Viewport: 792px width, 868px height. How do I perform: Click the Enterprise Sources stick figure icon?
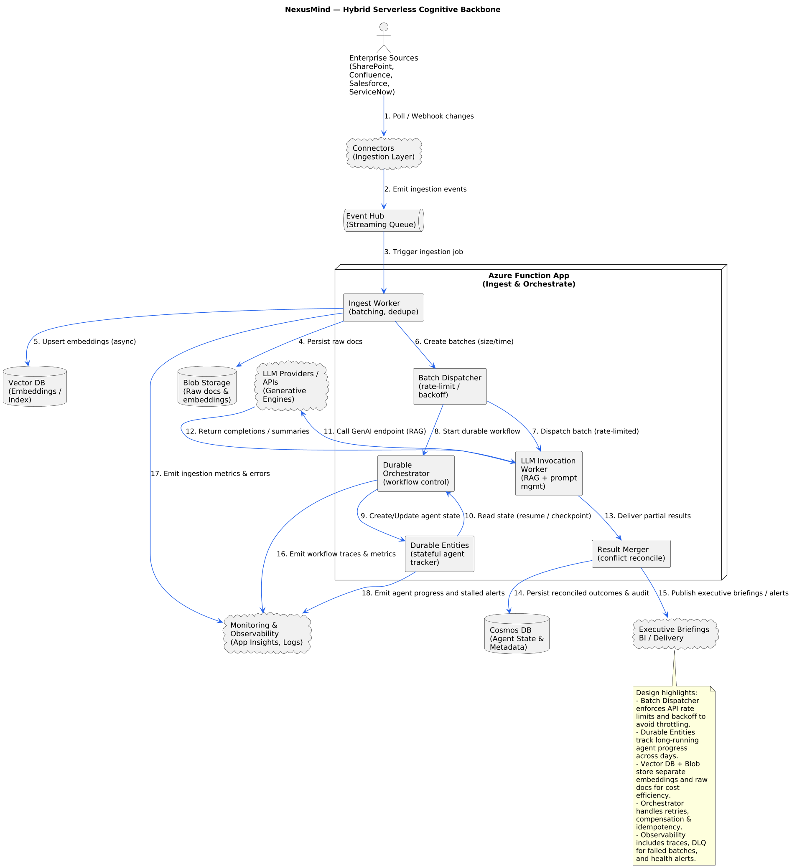(384, 38)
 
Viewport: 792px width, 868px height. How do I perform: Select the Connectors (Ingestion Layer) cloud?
(384, 153)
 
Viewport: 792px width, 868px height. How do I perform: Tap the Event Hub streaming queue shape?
(384, 220)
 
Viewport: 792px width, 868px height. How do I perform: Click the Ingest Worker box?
(384, 307)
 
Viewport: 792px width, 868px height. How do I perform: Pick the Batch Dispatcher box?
(449, 386)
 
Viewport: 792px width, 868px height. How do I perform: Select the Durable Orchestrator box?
(416, 473)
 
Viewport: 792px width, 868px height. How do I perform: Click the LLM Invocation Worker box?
(548, 473)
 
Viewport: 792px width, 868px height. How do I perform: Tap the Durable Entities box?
(440, 554)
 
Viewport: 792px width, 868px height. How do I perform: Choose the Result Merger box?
(631, 554)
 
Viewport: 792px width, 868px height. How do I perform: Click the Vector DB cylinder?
(35, 386)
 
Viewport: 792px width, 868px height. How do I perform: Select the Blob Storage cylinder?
(207, 386)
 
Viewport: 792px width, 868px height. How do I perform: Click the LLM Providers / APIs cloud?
(292, 386)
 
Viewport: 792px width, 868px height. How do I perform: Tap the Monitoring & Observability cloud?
(267, 633)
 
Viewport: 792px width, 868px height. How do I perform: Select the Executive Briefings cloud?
(675, 633)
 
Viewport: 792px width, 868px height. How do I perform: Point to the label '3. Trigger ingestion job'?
(423, 252)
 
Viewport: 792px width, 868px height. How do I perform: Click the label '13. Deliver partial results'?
(647, 516)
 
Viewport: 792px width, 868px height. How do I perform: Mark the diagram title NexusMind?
(392, 10)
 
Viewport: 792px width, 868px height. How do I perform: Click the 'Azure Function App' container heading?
(529, 280)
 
